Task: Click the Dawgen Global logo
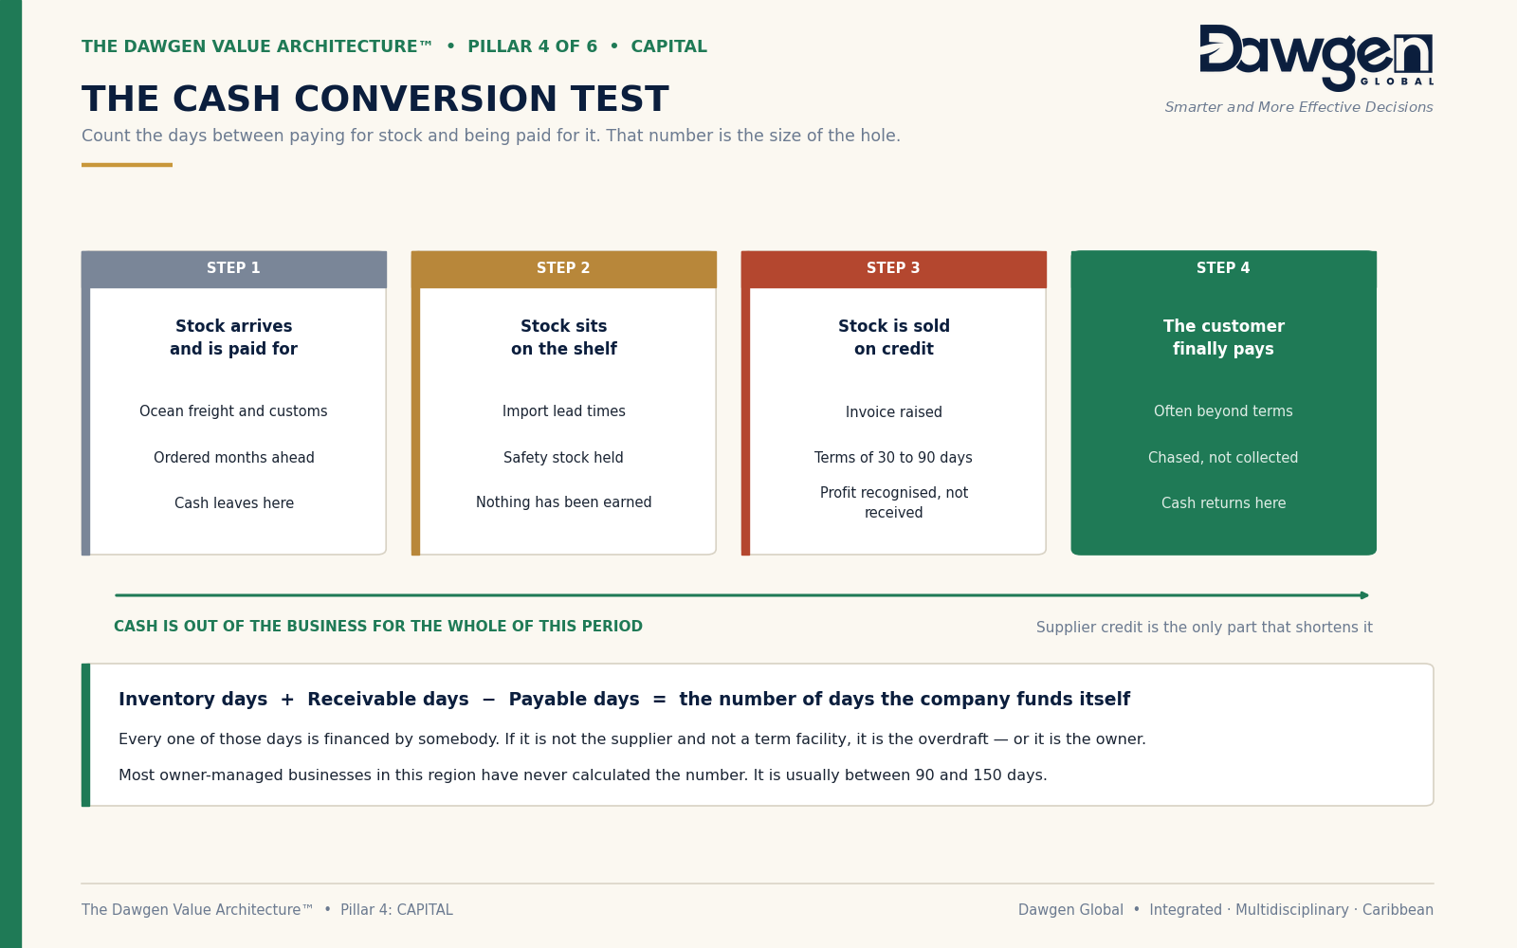(1316, 58)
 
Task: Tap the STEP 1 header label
(233, 268)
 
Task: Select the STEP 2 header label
(563, 268)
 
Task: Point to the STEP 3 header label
(893, 268)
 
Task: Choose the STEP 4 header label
(1223, 268)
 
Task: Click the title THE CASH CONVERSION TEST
(375, 99)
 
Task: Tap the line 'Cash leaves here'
(233, 503)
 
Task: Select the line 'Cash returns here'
(1223, 503)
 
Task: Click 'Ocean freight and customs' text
(233, 411)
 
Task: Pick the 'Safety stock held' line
(563, 458)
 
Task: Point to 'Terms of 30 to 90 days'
(893, 458)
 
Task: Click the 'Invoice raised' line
(893, 411)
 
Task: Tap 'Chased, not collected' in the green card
(1223, 458)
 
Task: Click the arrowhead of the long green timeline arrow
(1364, 595)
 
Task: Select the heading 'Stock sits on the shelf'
(563, 337)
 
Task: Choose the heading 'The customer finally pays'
(1223, 337)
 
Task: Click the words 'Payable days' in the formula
(574, 699)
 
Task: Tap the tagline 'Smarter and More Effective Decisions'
(1298, 107)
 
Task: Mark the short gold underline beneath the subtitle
(127, 165)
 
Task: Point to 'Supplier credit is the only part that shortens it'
(1204, 627)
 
